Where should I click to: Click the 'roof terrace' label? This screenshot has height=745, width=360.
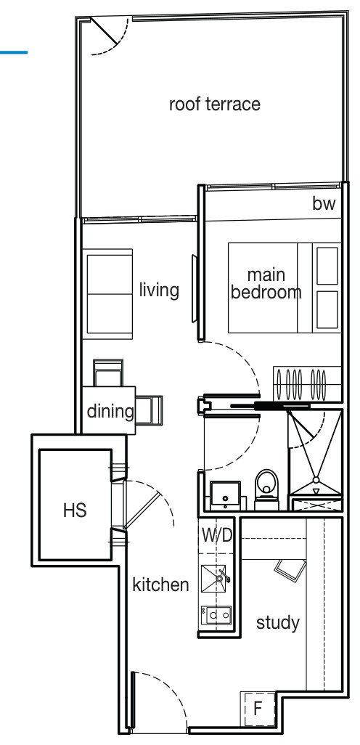click(215, 104)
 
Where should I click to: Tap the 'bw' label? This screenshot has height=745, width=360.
click(324, 203)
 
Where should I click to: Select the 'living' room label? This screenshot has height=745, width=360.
click(159, 290)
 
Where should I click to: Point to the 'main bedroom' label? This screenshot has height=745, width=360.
click(266, 284)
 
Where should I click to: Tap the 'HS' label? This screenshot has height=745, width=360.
click(75, 510)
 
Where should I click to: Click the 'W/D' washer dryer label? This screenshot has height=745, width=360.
click(217, 535)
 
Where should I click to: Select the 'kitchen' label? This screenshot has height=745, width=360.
click(160, 585)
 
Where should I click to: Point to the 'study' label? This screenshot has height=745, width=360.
click(278, 623)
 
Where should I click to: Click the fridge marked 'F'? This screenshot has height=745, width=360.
click(258, 709)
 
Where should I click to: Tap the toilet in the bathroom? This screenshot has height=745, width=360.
click(266, 489)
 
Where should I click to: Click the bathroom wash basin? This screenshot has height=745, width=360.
click(225, 495)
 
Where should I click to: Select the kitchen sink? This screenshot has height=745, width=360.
click(213, 579)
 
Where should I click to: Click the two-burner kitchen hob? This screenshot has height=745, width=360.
click(216, 615)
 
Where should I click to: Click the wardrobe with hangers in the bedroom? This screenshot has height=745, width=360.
click(307, 383)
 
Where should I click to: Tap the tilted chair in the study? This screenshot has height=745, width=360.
click(290, 569)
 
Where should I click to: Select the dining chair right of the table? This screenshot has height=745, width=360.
click(149, 410)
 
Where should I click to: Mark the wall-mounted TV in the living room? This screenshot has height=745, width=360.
click(195, 289)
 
